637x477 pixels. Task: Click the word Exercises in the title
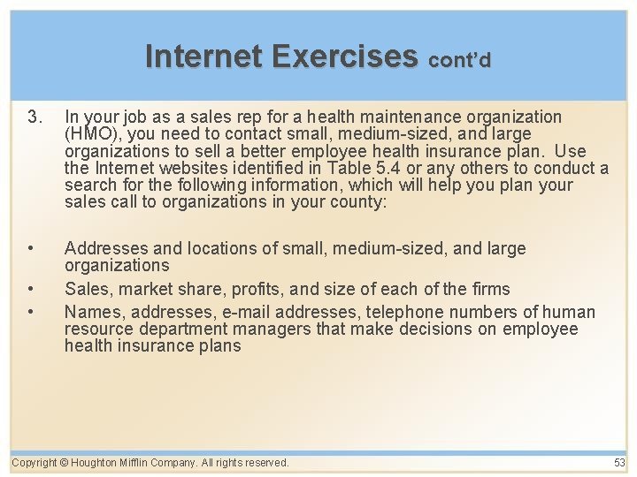(345, 56)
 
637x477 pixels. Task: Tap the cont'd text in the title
(459, 59)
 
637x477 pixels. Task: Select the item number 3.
(35, 117)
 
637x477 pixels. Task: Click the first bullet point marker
(33, 249)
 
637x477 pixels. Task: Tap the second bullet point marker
(33, 289)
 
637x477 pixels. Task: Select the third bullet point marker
(33, 312)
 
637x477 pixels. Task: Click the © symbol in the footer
(65, 463)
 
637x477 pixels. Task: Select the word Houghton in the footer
(98, 463)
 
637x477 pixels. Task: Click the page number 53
(618, 463)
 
